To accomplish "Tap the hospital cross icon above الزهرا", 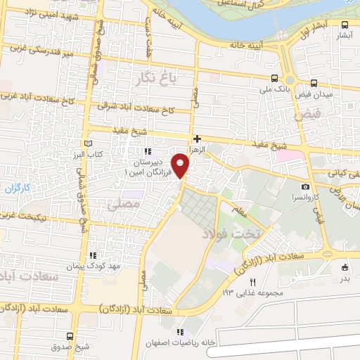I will pyautogui.click(x=198, y=139).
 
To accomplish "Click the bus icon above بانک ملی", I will pyautogui.click(x=274, y=79).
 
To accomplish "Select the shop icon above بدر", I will pyautogui.click(x=344, y=267).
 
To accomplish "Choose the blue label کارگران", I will pyautogui.click(x=32, y=188).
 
